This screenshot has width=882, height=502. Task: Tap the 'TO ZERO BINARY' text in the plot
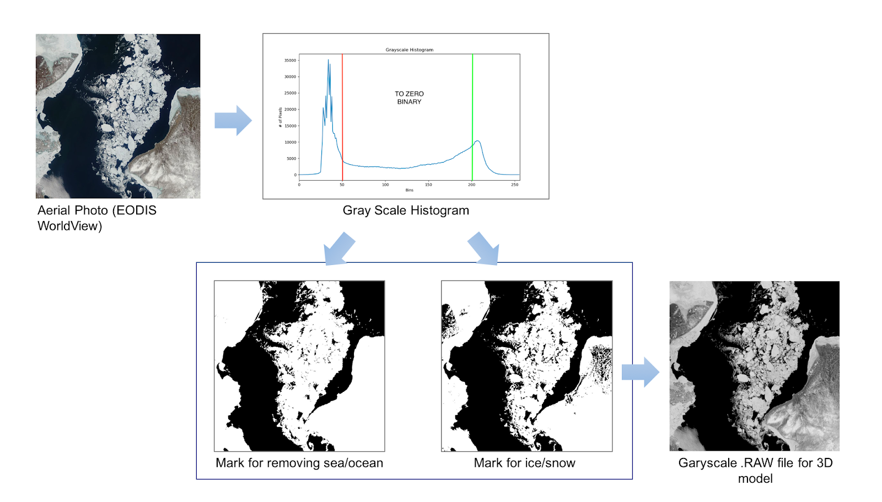click(x=409, y=98)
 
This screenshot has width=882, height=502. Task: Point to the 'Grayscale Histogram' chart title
click(x=409, y=50)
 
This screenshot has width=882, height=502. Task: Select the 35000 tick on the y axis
click(x=290, y=61)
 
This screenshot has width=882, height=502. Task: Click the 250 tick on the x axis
click(x=514, y=185)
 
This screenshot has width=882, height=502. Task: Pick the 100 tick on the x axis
click(x=385, y=185)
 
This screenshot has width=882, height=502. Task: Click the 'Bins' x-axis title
click(x=409, y=190)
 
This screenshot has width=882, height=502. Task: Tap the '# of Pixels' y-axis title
click(x=281, y=117)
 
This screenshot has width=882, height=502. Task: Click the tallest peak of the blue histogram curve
click(x=328, y=61)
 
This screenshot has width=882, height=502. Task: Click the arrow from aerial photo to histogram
click(x=233, y=120)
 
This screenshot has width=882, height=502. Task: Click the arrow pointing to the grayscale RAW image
click(x=640, y=372)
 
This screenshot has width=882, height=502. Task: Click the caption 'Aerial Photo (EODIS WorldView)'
click(x=97, y=218)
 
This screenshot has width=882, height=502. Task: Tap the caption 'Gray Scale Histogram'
click(x=406, y=210)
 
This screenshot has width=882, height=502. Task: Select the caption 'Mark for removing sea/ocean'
click(x=299, y=463)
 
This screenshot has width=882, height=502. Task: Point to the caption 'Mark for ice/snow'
click(x=524, y=463)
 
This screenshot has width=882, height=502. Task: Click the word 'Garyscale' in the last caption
click(x=707, y=463)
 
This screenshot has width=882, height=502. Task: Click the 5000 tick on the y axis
click(x=292, y=159)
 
